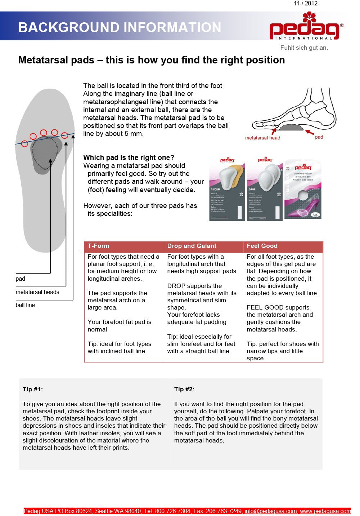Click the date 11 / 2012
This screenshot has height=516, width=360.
click(x=306, y=4)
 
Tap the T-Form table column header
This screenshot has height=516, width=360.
click(x=98, y=246)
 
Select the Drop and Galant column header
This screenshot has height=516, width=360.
click(x=192, y=246)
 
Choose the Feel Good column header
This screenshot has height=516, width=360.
click(x=262, y=246)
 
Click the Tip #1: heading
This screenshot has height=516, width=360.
click(x=33, y=389)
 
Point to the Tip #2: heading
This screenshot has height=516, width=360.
click(x=184, y=389)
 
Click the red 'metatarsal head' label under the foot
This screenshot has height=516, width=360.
click(x=262, y=138)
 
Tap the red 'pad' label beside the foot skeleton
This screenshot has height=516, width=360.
click(x=319, y=137)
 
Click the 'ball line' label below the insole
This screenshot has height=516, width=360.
click(x=25, y=305)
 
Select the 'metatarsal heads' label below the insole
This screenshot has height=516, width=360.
click(x=37, y=292)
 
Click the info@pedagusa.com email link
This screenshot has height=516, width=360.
click(x=271, y=511)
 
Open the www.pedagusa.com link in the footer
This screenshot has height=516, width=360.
click(x=325, y=511)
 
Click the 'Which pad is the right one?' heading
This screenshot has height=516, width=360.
click(x=129, y=157)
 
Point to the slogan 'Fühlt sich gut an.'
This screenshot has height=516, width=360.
click(x=304, y=48)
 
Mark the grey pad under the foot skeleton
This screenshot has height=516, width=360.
click(x=291, y=127)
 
